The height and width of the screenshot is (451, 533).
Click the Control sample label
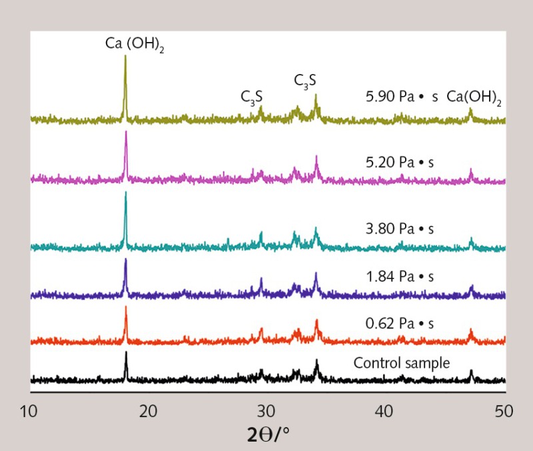coord(402,364)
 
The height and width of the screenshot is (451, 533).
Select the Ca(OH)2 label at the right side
coord(474,97)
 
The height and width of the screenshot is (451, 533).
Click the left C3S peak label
coord(252,97)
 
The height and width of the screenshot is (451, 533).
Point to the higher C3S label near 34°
coord(305,81)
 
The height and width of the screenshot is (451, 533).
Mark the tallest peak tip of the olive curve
coord(125,57)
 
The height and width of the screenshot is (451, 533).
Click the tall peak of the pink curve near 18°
coord(125,132)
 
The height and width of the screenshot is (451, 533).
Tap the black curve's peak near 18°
coord(126,353)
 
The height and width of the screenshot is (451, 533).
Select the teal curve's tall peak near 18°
coord(125,193)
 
